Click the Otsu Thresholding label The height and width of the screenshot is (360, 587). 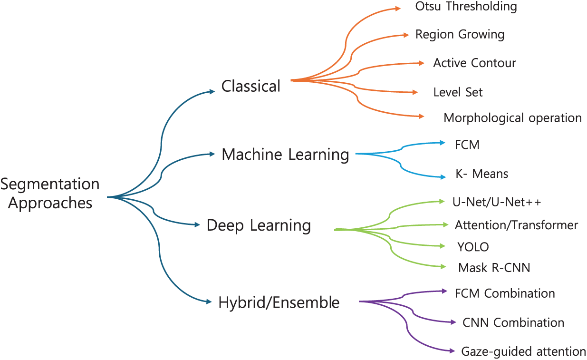pyautogui.click(x=466, y=6)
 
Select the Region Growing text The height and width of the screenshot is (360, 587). pyautogui.click(x=460, y=35)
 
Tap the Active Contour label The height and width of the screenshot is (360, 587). pyautogui.click(x=474, y=63)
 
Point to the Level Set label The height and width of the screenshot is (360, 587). pyautogui.click(x=458, y=92)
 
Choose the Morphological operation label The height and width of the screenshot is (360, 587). pyautogui.click(x=512, y=118)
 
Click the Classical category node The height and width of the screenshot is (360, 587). pyautogui.click(x=251, y=86)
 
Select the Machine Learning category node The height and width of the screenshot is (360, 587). pyautogui.click(x=285, y=155)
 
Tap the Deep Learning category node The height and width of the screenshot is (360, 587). pyautogui.click(x=259, y=225)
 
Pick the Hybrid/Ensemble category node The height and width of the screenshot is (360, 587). pyautogui.click(x=279, y=302)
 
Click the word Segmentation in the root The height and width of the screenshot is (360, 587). pyautogui.click(x=50, y=184)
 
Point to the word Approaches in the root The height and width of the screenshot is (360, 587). pyautogui.click(x=50, y=203)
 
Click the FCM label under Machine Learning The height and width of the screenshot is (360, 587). pyautogui.click(x=467, y=145)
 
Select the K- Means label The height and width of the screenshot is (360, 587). pyautogui.click(x=481, y=174)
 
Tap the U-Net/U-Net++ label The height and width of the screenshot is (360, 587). pyautogui.click(x=497, y=202)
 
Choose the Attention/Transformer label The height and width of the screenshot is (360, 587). pyautogui.click(x=516, y=225)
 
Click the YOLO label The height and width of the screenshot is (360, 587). pyautogui.click(x=473, y=247)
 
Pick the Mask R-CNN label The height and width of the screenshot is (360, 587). pyautogui.click(x=494, y=268)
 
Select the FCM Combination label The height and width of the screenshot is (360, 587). pyautogui.click(x=505, y=293)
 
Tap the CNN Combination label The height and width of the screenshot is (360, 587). pyautogui.click(x=513, y=323)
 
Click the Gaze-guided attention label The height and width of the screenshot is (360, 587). pyautogui.click(x=523, y=352)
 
